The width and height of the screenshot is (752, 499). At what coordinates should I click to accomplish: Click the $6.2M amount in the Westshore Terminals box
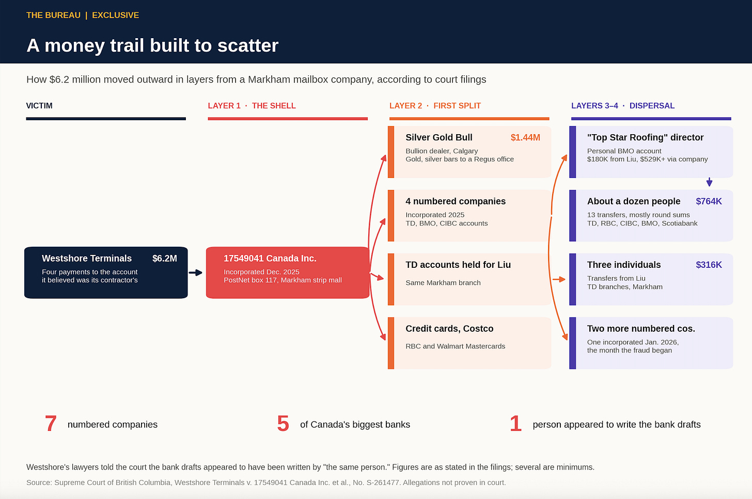pos(164,258)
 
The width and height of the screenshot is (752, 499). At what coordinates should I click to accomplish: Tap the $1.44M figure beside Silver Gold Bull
pos(525,137)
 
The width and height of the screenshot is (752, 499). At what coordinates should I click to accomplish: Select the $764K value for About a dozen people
pos(709,201)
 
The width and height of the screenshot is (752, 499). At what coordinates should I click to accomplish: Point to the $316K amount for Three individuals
pos(709,265)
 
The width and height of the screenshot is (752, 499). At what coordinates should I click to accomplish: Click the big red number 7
pos(51,424)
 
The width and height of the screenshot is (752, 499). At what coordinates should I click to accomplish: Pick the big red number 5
pos(283,424)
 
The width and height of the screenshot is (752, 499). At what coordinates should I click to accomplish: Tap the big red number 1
pos(515,424)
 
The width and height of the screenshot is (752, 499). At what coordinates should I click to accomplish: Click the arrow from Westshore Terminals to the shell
pos(195,272)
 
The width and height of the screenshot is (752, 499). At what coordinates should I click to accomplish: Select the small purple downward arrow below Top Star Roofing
pos(709,182)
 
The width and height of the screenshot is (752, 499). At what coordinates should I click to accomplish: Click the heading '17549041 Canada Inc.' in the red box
pos(270,258)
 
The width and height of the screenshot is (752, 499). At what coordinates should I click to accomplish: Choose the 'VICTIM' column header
pos(39,106)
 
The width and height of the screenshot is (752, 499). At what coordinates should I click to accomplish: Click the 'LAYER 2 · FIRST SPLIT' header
pos(435,106)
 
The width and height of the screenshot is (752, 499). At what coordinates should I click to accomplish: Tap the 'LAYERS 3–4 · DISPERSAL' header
pos(623,106)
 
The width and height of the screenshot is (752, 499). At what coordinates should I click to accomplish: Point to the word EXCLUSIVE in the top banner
pos(116,15)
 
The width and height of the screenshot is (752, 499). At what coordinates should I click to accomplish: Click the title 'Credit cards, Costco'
pos(449,328)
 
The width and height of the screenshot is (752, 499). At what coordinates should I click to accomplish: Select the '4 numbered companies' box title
pos(456,201)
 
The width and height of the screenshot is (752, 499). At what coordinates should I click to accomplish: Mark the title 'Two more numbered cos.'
pos(641,328)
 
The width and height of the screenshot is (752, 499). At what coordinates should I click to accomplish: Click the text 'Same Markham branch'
pos(443,283)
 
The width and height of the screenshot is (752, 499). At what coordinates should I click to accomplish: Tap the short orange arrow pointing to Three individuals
pos(559,279)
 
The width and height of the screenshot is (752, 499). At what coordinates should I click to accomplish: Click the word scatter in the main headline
pos(248,45)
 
